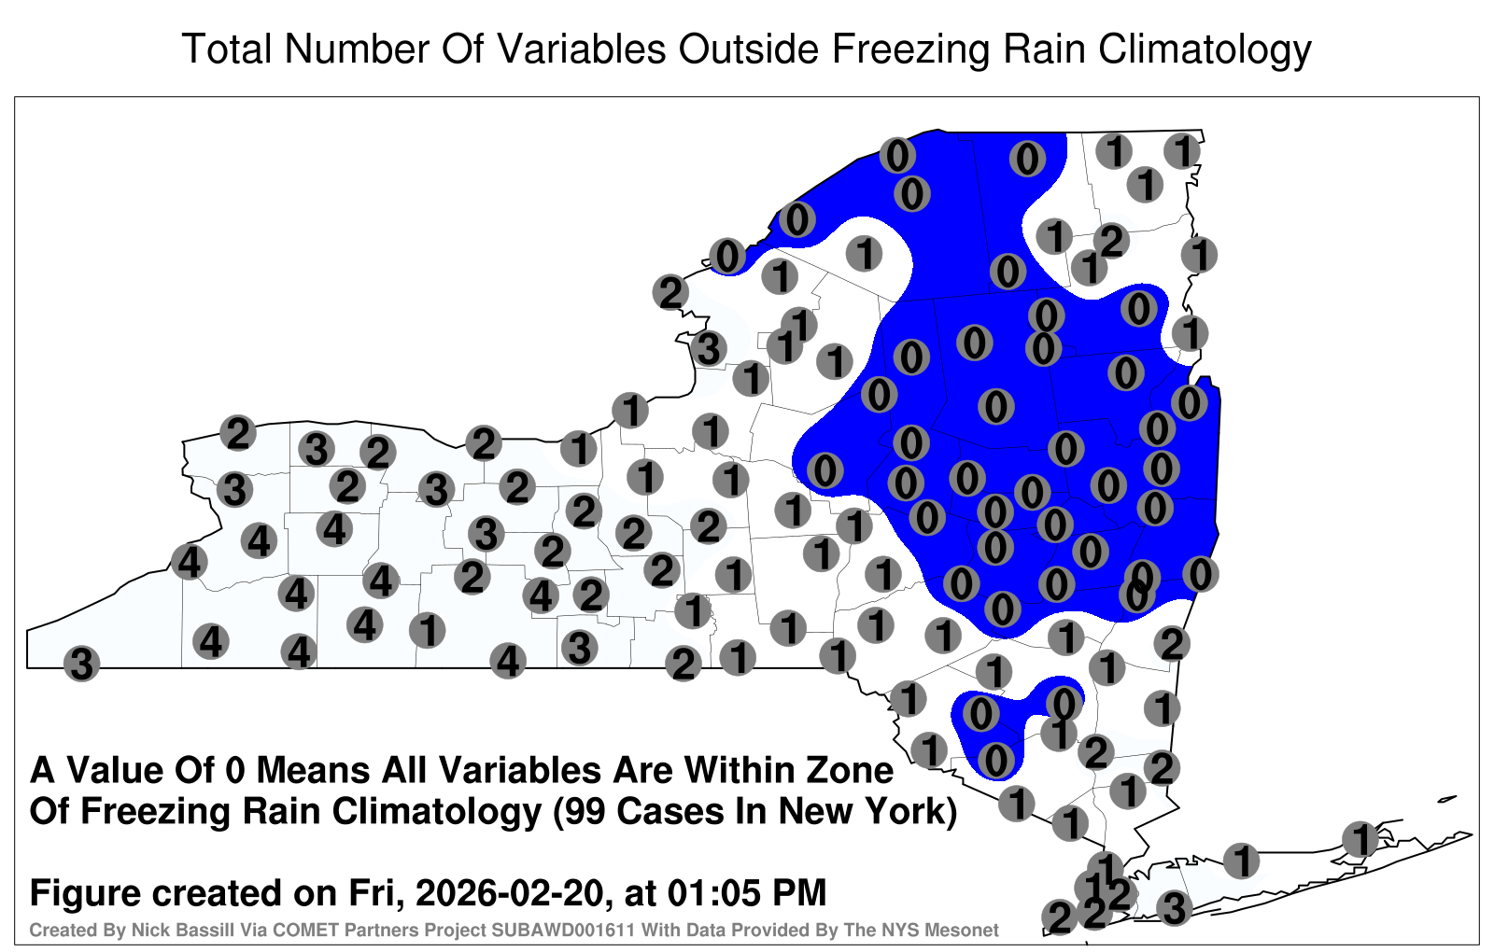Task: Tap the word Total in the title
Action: click(x=227, y=49)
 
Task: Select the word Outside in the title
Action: click(x=748, y=49)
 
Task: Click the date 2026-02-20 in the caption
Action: click(x=510, y=892)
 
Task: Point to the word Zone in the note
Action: click(x=851, y=770)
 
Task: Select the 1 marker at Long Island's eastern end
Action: click(x=1360, y=839)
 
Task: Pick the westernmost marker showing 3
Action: click(x=81, y=664)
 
